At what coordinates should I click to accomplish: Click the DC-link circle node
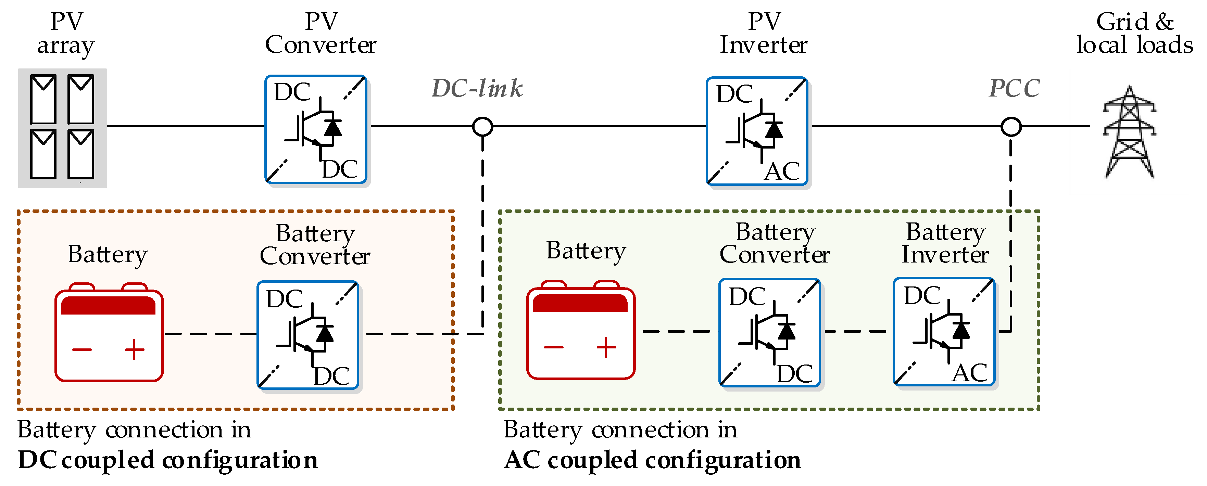coord(482,126)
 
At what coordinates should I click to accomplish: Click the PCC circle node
coord(1011,126)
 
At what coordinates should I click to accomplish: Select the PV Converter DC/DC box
coord(315,129)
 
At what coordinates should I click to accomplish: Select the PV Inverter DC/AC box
coord(757,131)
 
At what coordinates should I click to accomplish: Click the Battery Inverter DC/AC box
coord(944,332)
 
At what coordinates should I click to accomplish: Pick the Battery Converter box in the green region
coord(769,332)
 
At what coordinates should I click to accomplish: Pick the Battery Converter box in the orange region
coord(308,335)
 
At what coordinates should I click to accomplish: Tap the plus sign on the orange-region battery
coord(135,349)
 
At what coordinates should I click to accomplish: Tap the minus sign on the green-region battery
coord(553,347)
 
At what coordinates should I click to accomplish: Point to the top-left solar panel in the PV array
coord(43,99)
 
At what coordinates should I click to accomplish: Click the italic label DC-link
coord(477,88)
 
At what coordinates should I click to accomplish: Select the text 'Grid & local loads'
coord(1134,34)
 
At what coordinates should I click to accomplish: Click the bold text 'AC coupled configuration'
coord(652,460)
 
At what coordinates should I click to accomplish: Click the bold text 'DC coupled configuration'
coord(168,460)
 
